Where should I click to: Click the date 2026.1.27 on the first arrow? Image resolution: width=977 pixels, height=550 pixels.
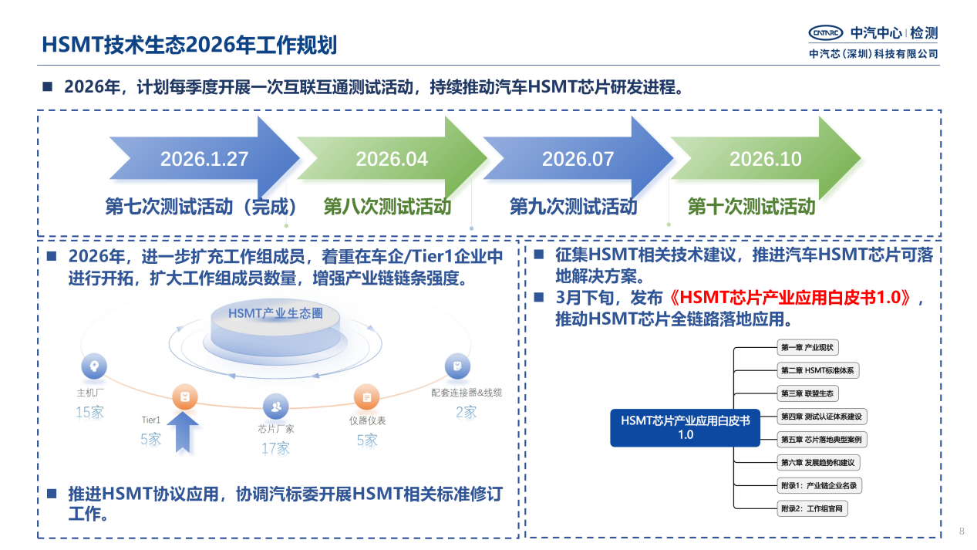coord(204,160)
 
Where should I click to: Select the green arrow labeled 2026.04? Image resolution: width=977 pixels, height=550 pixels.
coord(392,160)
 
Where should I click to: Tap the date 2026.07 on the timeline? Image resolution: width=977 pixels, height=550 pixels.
coord(578,160)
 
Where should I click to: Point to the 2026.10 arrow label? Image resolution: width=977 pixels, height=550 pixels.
coord(765,160)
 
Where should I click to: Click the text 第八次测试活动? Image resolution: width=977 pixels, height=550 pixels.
coord(387,207)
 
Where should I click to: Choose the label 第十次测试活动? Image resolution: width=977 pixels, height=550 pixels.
coord(751,207)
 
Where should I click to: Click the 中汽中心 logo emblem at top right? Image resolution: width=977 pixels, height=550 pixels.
coord(826,32)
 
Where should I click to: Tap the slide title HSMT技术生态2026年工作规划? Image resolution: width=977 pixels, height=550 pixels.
coord(189,45)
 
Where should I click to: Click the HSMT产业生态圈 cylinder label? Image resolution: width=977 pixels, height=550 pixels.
coord(275,313)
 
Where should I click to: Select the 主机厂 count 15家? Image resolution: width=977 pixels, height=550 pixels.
coord(89,412)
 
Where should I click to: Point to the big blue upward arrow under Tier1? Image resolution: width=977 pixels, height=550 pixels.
coord(183,432)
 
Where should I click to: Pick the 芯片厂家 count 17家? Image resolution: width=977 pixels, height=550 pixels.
coord(275,448)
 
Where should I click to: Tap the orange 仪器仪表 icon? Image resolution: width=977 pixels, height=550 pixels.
coord(366,396)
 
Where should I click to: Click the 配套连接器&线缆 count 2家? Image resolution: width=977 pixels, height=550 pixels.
coord(466,412)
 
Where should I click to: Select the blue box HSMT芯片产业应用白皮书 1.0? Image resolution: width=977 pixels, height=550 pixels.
coord(685,427)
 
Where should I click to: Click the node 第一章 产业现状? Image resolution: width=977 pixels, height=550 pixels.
coord(807,347)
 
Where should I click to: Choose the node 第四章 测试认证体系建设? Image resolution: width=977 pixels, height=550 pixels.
coord(822,417)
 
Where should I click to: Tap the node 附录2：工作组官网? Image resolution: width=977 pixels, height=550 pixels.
coord(813,508)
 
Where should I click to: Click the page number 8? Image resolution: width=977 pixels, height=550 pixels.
coord(962,531)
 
